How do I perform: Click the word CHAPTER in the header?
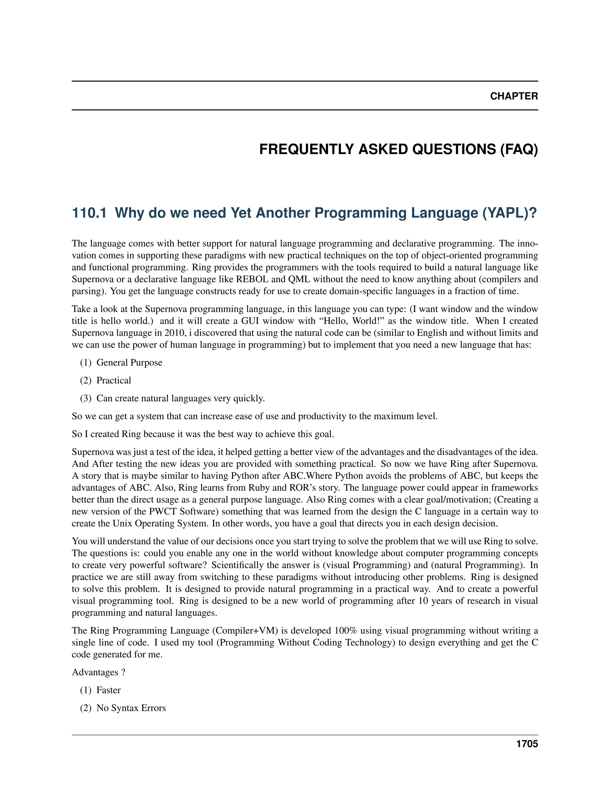(x=513, y=96)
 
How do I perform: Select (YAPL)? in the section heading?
(x=510, y=213)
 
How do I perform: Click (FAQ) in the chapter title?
(x=519, y=149)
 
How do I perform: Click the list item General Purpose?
(x=129, y=362)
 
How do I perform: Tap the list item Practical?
(x=113, y=381)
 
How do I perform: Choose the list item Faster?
(x=108, y=690)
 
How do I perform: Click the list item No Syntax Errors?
(x=131, y=708)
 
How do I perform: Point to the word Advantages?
(x=95, y=672)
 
